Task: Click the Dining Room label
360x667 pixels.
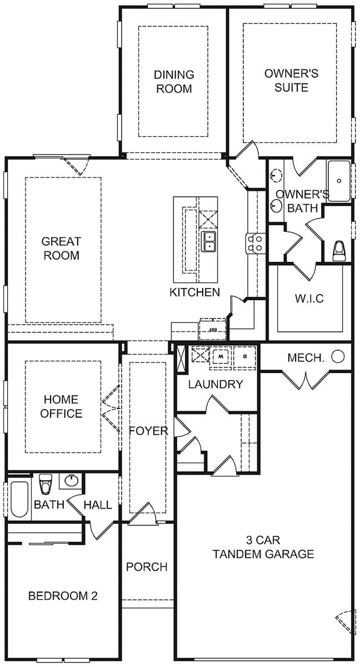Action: [174, 81]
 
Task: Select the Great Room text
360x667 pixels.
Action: [61, 248]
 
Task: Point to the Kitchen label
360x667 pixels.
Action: [195, 292]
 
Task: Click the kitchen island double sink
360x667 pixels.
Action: [209, 242]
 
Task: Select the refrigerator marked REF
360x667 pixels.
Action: [212, 328]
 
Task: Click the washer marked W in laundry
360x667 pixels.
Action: [221, 355]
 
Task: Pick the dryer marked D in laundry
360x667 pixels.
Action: [244, 355]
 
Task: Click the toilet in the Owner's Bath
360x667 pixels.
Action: [338, 251]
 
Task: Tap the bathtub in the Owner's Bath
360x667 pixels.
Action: [339, 181]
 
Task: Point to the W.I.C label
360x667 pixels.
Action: [309, 298]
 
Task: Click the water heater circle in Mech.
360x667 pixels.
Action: [338, 357]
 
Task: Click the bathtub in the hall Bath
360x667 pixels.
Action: [18, 499]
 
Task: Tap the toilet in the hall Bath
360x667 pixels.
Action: [46, 484]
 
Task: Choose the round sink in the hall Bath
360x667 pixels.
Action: [71, 481]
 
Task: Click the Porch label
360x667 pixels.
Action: [146, 567]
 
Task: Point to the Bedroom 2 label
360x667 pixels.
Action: [63, 596]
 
